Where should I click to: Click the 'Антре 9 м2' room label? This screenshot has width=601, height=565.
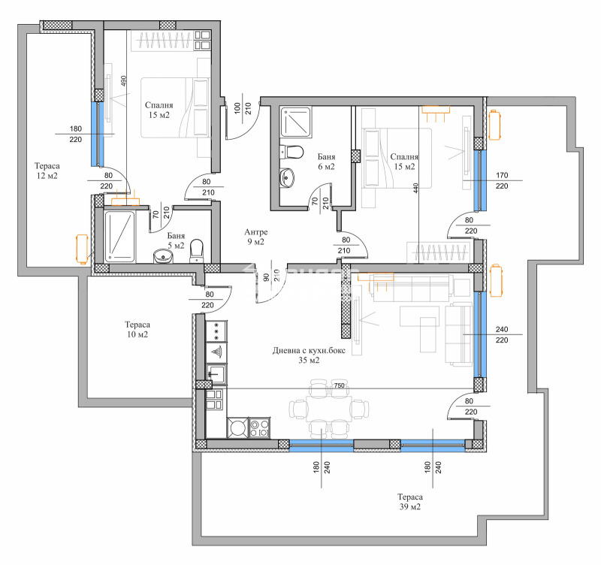(255, 237)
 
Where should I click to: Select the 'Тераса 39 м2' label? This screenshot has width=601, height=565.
(410, 502)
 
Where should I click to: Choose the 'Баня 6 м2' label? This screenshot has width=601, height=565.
(326, 161)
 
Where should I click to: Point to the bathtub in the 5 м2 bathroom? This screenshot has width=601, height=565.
(119, 237)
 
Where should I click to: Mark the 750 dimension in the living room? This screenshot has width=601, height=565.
(339, 385)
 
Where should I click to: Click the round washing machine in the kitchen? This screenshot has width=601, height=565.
(237, 428)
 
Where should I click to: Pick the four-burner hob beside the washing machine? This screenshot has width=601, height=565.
(260, 428)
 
